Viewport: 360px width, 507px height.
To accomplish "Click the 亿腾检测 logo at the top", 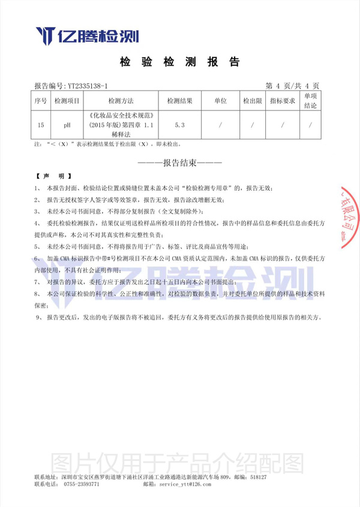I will click(x=87, y=35).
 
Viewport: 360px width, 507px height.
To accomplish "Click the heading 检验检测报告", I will click(x=180, y=62).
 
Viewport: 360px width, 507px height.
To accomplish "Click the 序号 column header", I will click(x=40, y=101).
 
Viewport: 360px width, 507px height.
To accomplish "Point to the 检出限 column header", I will click(x=253, y=101).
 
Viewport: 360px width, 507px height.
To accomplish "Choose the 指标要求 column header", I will click(x=282, y=101).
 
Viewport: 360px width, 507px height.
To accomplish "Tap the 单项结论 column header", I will click(x=310, y=101).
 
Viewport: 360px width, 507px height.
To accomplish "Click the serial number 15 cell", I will click(x=40, y=125).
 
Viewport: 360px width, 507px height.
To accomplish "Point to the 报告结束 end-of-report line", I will click(x=180, y=163).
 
